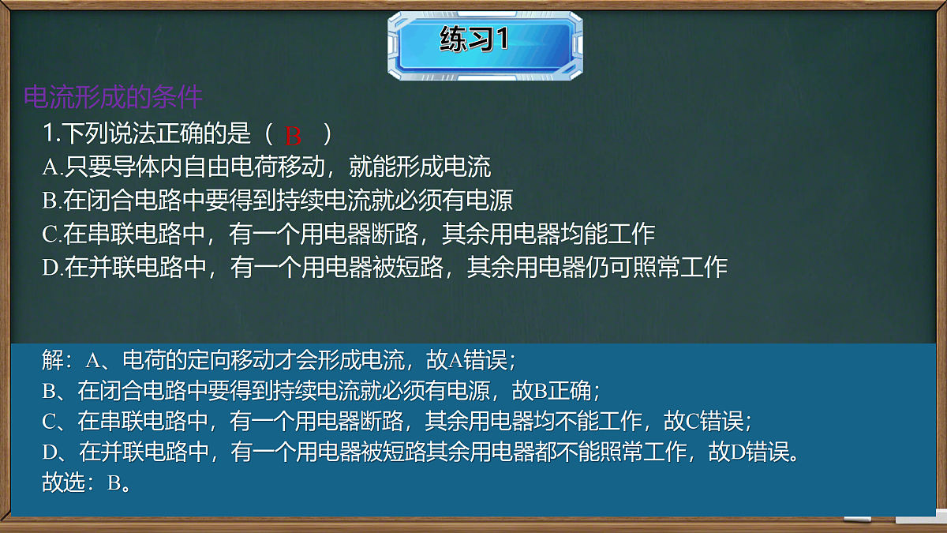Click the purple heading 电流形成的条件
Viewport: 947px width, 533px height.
click(114, 97)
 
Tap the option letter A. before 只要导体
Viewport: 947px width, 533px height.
click(52, 167)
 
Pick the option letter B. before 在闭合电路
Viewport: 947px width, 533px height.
click(52, 201)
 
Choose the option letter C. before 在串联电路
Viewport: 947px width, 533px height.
click(52, 234)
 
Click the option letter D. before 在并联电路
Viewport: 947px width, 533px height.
click(53, 268)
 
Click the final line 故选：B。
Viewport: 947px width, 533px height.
click(86, 482)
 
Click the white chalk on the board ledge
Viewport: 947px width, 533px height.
click(857, 520)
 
